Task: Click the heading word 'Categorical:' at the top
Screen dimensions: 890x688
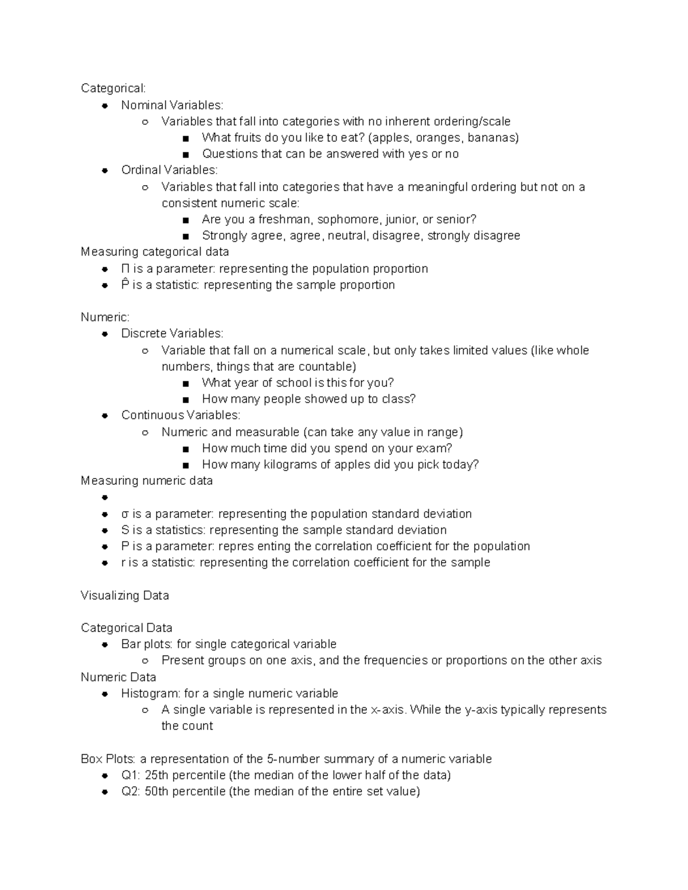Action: point(113,88)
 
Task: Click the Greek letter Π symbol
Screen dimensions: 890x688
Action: point(125,269)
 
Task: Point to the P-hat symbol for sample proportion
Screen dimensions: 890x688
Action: point(125,285)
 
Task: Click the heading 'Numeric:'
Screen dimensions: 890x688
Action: point(105,317)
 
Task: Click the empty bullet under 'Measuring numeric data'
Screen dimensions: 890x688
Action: point(105,497)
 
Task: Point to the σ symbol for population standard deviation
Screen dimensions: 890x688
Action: point(125,514)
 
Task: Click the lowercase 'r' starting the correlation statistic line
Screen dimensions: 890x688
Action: point(123,563)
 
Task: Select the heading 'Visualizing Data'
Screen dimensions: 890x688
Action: point(125,596)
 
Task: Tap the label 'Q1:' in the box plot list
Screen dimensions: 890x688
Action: point(131,775)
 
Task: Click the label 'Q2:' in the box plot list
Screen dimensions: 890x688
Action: point(131,792)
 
